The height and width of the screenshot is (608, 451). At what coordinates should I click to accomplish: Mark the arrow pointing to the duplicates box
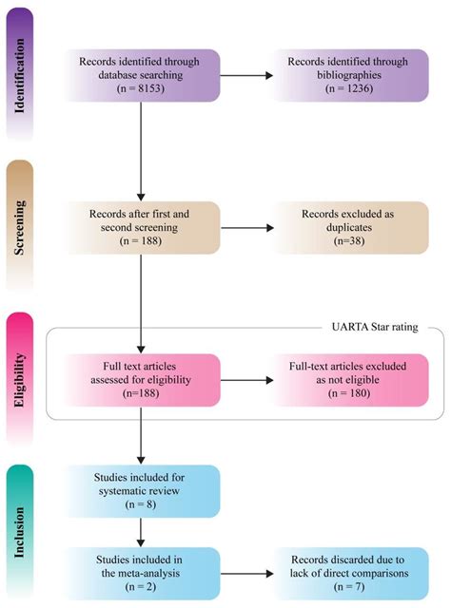[x=247, y=229]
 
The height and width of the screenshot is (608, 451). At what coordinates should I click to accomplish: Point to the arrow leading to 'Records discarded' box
[x=247, y=573]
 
